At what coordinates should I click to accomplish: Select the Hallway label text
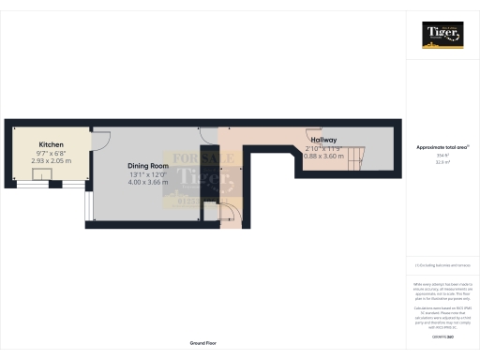(x=323, y=140)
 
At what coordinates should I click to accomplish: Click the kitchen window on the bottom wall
(x=40, y=183)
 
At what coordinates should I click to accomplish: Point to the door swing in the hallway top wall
(x=310, y=132)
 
